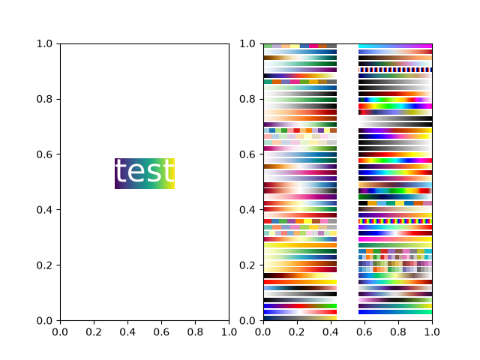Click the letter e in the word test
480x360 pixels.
pos(135,172)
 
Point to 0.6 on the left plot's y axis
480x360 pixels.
pos(44,154)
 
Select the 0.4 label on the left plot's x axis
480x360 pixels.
pos(127,331)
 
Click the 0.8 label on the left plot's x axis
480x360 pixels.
pos(195,331)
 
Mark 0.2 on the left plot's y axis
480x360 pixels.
pos(44,265)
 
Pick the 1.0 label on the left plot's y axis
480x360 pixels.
pos(44,43)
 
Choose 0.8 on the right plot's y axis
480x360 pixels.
pos(247,99)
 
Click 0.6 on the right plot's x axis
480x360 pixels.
pos(364,331)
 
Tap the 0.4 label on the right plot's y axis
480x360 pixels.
pos(247,210)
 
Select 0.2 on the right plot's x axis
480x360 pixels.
pos(297,331)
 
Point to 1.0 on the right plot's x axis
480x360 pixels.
pos(432,331)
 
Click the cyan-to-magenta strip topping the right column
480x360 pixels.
pos(395,46)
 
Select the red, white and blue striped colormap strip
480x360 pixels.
pos(395,70)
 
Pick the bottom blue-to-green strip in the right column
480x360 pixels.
pos(395,312)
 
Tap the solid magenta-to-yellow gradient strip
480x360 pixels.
pos(395,239)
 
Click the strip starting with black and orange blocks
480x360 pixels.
pos(395,203)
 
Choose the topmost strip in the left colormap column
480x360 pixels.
pos(300,46)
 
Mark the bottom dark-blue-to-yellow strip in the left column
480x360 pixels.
pos(300,318)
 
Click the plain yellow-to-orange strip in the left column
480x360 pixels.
pos(300,245)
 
